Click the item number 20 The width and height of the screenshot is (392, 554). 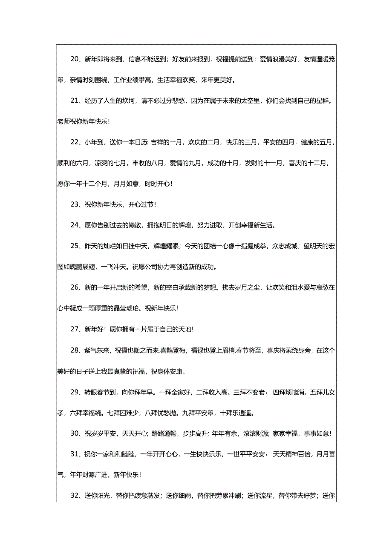pos(75,59)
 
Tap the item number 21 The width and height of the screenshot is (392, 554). pos(75,100)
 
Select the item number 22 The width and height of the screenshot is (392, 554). pos(75,142)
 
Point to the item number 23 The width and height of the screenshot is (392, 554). pos(75,204)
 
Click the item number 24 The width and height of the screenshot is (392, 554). pos(75,225)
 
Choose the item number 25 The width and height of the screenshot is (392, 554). pos(75,246)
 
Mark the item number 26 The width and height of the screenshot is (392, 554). pos(75,287)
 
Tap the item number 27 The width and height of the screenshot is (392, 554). pos(75,329)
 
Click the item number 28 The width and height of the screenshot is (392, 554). pos(75,350)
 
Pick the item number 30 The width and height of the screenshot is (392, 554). pos(75,433)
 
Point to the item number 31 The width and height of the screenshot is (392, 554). pos(75,454)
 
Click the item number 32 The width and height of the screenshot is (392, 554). pos(75,496)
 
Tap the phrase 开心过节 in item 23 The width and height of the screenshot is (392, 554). pos(141,204)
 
